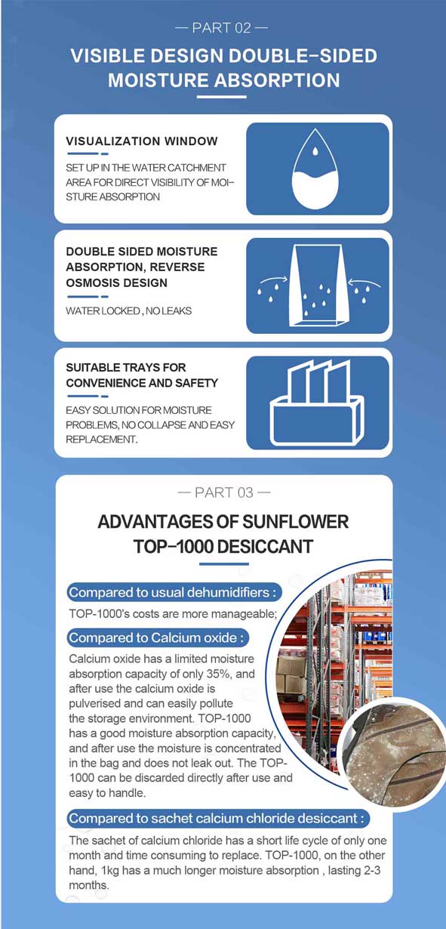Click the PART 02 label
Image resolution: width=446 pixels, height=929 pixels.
(222, 28)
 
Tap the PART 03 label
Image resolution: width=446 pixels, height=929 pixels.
(224, 492)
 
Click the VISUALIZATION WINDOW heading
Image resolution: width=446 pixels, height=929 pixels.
(142, 141)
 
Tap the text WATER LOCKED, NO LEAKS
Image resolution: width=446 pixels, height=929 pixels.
(128, 311)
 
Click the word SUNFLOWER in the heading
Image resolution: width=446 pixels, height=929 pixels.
(296, 522)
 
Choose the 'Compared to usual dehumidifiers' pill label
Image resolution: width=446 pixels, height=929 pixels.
(174, 592)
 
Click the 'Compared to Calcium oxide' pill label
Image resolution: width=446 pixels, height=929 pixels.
(158, 637)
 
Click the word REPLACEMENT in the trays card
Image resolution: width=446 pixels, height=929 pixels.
(102, 440)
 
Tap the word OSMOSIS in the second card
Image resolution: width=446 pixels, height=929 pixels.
(87, 282)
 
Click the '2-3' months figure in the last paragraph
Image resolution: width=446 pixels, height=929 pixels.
(372, 870)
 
